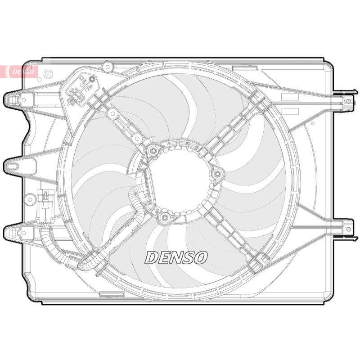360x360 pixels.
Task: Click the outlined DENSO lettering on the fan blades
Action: point(176,257)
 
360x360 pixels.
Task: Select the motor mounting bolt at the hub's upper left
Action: point(153,151)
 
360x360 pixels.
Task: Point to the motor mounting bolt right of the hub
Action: point(217,174)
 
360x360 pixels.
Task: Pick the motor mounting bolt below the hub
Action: point(164,217)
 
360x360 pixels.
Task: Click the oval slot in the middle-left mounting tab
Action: point(13,166)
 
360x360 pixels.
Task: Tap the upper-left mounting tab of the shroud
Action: point(19,100)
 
